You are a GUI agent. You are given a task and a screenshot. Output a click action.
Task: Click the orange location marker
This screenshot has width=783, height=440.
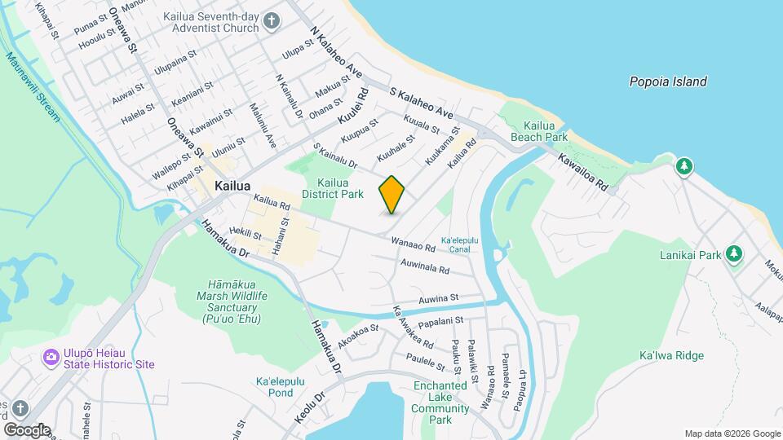(x=391, y=195)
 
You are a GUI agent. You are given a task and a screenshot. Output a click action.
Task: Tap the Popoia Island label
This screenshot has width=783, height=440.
(x=667, y=81)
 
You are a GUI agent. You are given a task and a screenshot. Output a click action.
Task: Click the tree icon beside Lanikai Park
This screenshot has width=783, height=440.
(x=734, y=254)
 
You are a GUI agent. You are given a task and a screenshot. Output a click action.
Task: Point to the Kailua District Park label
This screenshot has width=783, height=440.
(x=332, y=188)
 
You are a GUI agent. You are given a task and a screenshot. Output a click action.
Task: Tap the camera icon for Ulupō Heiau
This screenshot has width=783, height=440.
(x=51, y=356)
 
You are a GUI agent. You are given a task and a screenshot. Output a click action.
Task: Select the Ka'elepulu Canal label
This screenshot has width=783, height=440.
(x=459, y=244)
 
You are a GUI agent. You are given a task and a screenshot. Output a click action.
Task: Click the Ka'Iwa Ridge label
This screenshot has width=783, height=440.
(x=671, y=356)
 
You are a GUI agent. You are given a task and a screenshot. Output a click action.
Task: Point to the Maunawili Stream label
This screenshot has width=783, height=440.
(x=32, y=86)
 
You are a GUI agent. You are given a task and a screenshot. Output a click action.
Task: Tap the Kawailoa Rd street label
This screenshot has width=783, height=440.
(x=583, y=173)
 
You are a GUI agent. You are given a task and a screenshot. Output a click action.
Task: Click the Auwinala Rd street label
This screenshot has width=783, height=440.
(x=425, y=266)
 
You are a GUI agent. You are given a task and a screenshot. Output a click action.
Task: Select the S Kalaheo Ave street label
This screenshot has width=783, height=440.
(x=421, y=103)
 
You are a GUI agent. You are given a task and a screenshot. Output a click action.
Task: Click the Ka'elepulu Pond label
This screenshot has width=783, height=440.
(x=274, y=387)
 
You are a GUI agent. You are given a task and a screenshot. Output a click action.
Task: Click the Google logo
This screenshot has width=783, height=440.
(x=28, y=429)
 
